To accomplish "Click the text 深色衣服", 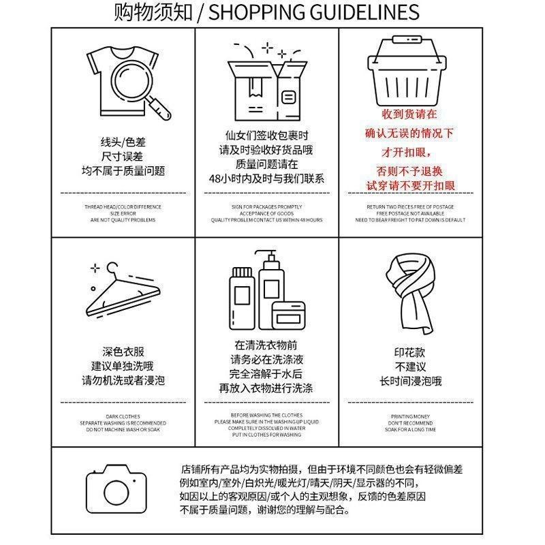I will (x=123, y=352).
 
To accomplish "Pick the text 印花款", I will (x=409, y=353).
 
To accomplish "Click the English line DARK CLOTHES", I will (x=123, y=416).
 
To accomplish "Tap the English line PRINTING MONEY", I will (x=410, y=416).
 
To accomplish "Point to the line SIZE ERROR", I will (x=123, y=213).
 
